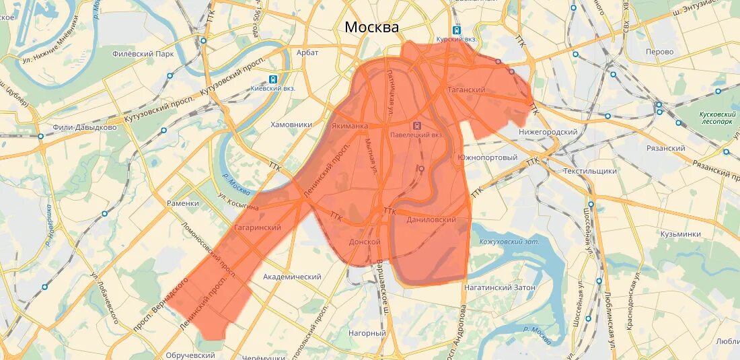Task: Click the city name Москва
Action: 371,27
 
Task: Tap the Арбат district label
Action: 307,52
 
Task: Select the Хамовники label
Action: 291,124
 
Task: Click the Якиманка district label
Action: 350,126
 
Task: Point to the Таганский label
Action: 466,89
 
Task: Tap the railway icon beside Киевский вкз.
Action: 273,79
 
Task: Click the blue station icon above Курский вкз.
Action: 457,30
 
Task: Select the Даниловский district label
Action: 431,220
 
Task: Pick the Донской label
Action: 365,242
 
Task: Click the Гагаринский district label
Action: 257,228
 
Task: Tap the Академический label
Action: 292,277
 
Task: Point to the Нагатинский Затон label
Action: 499,287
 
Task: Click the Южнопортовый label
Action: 487,157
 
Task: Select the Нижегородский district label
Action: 548,132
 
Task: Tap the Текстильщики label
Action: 590,171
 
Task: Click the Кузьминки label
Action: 680,234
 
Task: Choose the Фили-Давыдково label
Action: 85,127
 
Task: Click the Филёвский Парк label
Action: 143,54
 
